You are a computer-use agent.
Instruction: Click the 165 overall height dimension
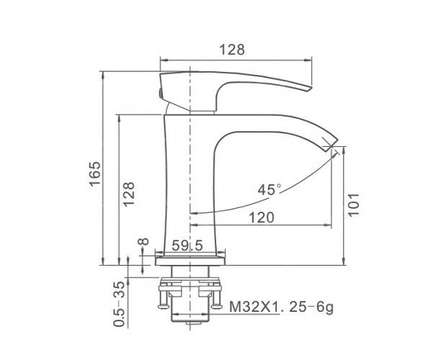point(95,173)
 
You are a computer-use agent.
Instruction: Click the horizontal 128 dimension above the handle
point(232,50)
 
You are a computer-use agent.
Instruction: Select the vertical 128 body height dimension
point(129,194)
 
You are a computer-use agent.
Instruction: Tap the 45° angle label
point(269,189)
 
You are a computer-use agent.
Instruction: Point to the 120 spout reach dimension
point(262,217)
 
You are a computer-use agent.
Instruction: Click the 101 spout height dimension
point(354,204)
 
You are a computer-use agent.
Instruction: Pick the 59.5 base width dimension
point(187,246)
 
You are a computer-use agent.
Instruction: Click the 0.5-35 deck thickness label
point(119,304)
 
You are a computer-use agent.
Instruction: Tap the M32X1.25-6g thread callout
point(281,307)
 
